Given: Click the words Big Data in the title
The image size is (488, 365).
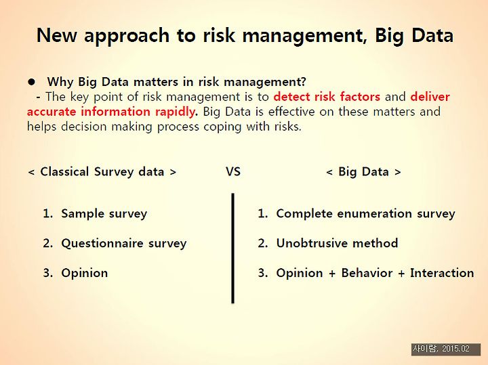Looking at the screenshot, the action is [414, 35].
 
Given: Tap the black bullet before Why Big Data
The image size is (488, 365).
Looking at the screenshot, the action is [31, 82].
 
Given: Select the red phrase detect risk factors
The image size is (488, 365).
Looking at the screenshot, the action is [327, 97].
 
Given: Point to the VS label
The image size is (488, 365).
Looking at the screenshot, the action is [233, 171].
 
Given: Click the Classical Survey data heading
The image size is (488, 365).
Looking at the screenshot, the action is [102, 171].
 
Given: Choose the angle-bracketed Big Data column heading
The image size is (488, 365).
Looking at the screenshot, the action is [363, 171].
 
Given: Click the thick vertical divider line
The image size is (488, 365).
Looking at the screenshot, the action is [232, 248].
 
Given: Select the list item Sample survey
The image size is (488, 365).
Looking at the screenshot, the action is [104, 213].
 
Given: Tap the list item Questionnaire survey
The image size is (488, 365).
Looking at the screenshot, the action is [124, 243].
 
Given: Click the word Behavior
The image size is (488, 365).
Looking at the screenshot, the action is [367, 273].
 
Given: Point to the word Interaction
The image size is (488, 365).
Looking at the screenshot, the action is [442, 273].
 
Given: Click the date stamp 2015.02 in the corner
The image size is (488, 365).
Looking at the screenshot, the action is [455, 349].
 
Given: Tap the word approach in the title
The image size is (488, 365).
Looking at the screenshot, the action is [127, 36].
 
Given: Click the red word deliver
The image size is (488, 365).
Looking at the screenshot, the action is [430, 97].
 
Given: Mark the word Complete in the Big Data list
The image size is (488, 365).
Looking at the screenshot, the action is [304, 213].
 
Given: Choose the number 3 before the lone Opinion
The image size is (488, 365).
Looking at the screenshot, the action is [47, 273].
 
